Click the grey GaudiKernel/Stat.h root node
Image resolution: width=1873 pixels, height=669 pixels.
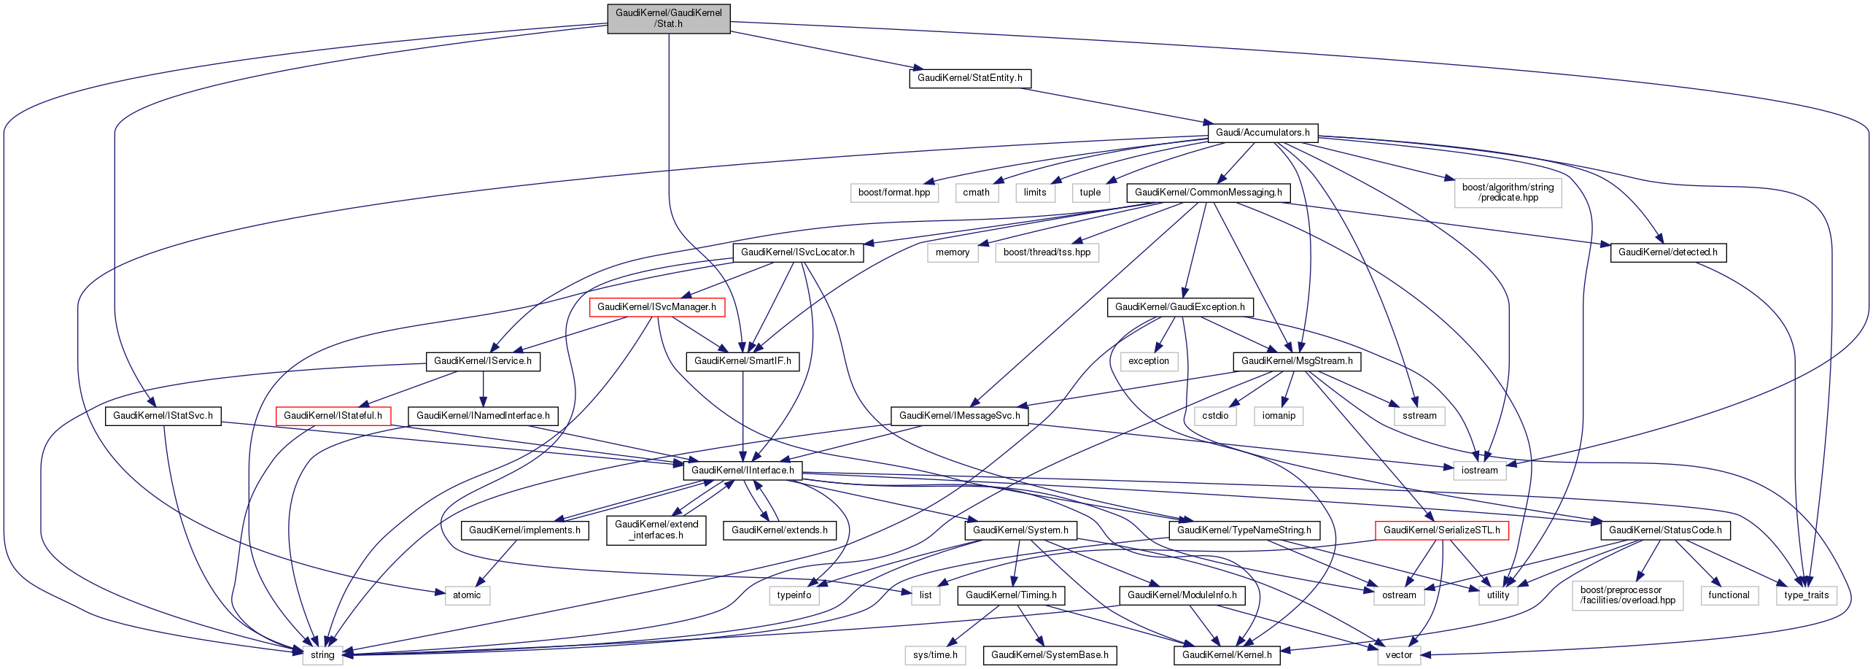point(668,18)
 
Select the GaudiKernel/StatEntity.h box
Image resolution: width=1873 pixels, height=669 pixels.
point(969,78)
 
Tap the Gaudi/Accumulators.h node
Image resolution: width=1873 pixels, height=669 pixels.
point(1262,133)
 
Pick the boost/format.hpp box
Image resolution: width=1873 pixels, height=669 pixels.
point(894,193)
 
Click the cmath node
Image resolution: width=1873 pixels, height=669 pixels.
point(976,193)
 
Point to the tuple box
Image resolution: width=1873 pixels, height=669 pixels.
point(1090,193)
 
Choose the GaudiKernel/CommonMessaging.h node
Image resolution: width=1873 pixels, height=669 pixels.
point(1208,193)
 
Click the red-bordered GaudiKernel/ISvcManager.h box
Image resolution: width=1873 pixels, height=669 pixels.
point(656,307)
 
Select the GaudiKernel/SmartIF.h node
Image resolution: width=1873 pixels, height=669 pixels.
point(742,361)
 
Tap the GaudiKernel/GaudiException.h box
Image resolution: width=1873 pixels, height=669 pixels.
point(1179,307)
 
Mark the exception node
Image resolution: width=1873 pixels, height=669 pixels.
point(1148,361)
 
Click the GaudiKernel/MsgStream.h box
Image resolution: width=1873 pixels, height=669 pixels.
point(1296,361)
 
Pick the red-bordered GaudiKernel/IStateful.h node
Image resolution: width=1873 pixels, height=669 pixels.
point(333,416)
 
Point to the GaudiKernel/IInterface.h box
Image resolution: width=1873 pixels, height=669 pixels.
point(742,471)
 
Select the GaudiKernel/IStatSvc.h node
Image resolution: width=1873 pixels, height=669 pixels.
point(163,416)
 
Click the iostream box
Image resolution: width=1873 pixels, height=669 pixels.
point(1479,471)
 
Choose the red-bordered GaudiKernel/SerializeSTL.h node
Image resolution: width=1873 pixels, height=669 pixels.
point(1441,530)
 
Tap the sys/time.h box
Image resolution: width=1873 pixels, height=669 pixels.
point(935,655)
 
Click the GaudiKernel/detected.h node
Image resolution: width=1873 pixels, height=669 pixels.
point(1667,252)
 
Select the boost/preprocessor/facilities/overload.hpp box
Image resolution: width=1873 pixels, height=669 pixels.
point(1627,595)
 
